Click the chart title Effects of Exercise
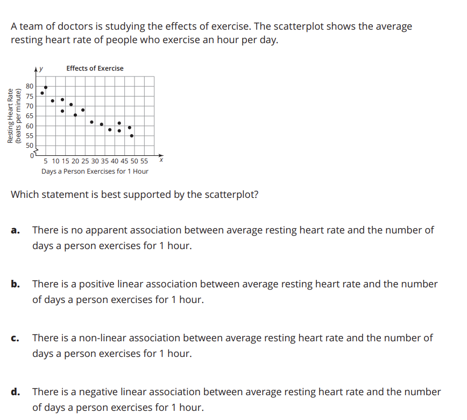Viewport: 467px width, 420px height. pyautogui.click(x=95, y=68)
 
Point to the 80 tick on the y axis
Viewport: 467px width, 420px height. pyautogui.click(x=30, y=86)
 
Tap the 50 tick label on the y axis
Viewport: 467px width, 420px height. pyautogui.click(x=30, y=146)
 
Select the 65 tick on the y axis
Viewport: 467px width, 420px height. pyautogui.click(x=30, y=116)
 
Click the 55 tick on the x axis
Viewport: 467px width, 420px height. pyautogui.click(x=144, y=161)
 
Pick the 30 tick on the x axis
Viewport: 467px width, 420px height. pyautogui.click(x=95, y=161)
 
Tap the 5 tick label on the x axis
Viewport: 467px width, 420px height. pyautogui.click(x=46, y=161)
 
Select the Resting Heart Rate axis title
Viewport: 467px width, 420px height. pyautogui.click(x=10, y=116)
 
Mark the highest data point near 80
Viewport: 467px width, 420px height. pyautogui.click(x=46, y=87)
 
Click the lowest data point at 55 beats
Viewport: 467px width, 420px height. pyautogui.click(x=132, y=136)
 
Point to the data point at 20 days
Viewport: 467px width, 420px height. pyautogui.click(x=75, y=115)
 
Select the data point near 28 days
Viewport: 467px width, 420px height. pyautogui.click(x=92, y=122)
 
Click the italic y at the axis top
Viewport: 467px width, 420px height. pyautogui.click(x=41, y=69)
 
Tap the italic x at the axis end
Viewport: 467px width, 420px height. pyautogui.click(x=161, y=160)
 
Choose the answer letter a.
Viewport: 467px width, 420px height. pyautogui.click(x=16, y=231)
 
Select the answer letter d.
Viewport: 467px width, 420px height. pyautogui.click(x=16, y=392)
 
